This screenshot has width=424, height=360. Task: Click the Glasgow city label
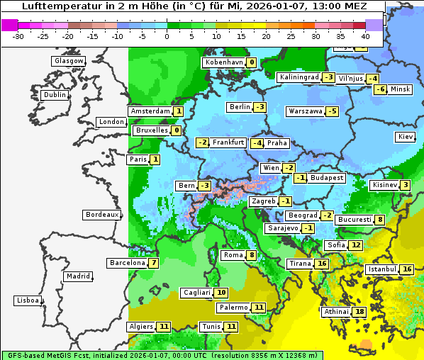pos(69,61)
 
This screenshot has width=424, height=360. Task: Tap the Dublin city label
pos(55,95)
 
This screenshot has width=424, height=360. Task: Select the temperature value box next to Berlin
pos(261,107)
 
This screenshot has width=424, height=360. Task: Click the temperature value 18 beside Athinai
pos(360,312)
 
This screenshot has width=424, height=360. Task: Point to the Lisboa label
pos(28,300)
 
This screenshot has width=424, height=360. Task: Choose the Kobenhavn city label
pos(224,62)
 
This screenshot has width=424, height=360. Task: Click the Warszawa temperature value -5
pos(333,111)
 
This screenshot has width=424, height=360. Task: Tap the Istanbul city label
pos(382,270)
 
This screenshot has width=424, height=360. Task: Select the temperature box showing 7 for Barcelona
pos(154,263)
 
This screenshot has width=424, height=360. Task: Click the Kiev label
pos(406,137)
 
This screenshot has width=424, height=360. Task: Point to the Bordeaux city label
pos(101,215)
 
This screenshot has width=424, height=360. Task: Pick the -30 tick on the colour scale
pos(18,36)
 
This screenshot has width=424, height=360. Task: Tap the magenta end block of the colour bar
pos(10,25)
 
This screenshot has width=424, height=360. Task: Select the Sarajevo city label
pos(282,228)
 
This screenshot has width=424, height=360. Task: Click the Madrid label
pos(78,276)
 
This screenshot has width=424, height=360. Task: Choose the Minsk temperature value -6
pos(380,89)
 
